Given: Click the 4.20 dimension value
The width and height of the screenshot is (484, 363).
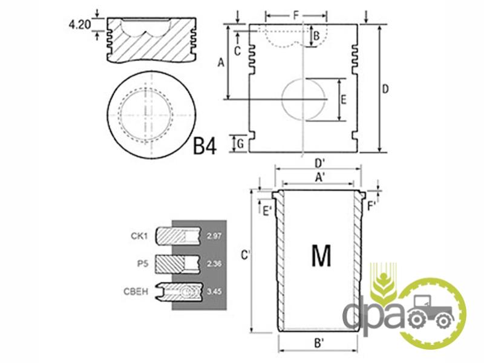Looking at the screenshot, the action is click(80, 25).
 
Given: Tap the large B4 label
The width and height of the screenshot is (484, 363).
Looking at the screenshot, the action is click(204, 146).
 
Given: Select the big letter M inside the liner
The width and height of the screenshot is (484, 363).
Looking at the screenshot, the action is click(321, 255).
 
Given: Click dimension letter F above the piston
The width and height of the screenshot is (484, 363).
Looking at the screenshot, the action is click(296, 15).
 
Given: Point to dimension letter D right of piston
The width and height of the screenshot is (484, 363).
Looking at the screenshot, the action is click(385, 89).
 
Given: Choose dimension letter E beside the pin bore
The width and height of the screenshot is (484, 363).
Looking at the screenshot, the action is click(343, 100).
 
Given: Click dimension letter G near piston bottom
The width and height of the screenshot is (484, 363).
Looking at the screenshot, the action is click(241, 144).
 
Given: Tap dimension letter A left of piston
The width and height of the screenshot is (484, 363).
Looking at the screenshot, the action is click(221, 63).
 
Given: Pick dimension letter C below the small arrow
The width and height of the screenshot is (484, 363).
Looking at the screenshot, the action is click(237, 51).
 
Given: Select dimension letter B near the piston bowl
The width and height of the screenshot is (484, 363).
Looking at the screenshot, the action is click(316, 36).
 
